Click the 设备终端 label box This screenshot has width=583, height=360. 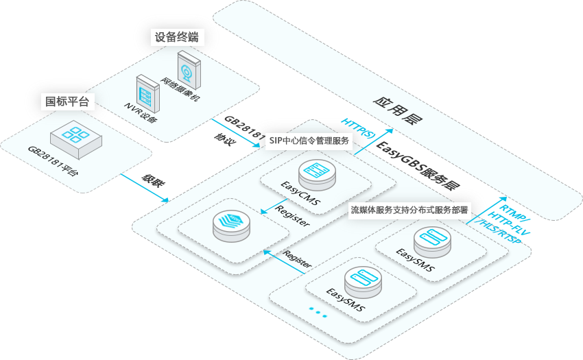point(177,37)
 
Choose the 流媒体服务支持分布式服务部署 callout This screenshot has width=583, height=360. point(409,210)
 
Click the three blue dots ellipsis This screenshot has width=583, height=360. point(318,311)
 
